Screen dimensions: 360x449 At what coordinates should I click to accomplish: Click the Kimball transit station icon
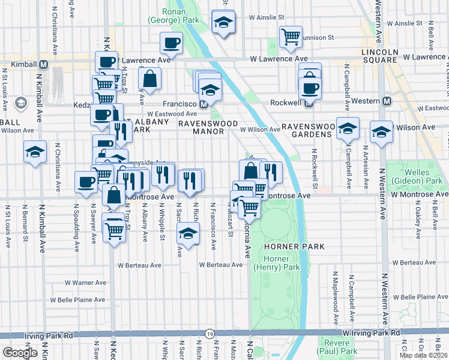pos(44,64)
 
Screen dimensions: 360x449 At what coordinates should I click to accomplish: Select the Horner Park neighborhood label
pos(294,247)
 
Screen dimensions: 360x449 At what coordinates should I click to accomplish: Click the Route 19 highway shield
pos(209,333)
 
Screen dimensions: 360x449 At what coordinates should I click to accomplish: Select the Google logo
pos(20,353)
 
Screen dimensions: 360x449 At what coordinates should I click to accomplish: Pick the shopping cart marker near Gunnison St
pos(291,37)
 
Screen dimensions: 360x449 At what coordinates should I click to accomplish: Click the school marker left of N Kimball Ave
pos(35,152)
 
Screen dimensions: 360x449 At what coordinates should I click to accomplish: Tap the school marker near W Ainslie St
pos(223,22)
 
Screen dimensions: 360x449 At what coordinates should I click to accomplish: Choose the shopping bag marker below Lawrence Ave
pos(149,78)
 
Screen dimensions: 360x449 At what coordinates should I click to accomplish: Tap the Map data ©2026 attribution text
pos(423,355)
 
